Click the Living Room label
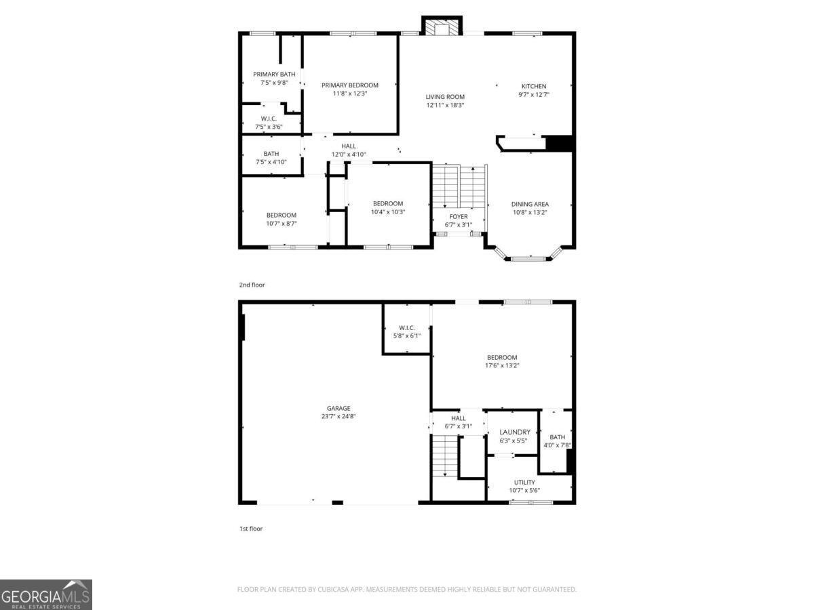445,97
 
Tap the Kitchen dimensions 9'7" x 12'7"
534,94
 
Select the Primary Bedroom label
350,85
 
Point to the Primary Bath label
274,74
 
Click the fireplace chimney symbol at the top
442,26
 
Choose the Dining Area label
530,204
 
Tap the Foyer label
459,217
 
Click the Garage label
338,408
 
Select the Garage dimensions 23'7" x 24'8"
338,416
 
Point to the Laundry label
515,432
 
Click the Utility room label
524,482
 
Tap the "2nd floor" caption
252,285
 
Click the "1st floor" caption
251,529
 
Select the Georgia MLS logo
46,594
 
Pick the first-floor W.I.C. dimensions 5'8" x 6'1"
407,336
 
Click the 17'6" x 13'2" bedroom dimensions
502,365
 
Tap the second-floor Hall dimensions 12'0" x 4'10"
349,155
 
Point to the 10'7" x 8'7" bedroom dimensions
282,224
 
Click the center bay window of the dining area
529,258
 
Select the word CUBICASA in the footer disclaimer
333,589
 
